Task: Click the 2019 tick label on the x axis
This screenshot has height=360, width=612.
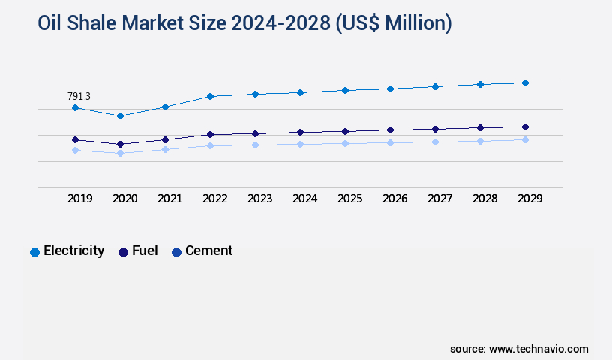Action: [80, 199]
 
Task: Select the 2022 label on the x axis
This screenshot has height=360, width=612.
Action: [215, 199]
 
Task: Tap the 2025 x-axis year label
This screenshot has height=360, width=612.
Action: [350, 199]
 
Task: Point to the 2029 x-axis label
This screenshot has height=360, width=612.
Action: [530, 199]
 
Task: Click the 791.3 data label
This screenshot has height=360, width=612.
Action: [79, 96]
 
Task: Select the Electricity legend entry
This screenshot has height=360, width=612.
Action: [67, 251]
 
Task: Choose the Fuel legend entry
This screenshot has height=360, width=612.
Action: [138, 251]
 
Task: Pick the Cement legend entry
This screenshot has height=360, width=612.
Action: [202, 251]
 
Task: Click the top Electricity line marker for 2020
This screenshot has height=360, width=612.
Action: [120, 115]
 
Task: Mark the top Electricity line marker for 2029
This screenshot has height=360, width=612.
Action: [525, 82]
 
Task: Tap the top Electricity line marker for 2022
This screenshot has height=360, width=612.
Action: [210, 96]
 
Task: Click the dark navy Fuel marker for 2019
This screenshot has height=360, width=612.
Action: [75, 139]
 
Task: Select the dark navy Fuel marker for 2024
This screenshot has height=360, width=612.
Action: [300, 132]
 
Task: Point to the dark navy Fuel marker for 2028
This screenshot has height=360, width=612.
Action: [480, 127]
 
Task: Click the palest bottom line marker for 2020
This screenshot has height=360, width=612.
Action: [120, 153]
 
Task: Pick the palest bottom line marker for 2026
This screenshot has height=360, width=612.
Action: [390, 142]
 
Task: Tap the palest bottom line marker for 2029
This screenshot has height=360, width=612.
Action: [525, 139]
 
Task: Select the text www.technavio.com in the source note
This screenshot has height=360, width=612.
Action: [538, 349]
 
